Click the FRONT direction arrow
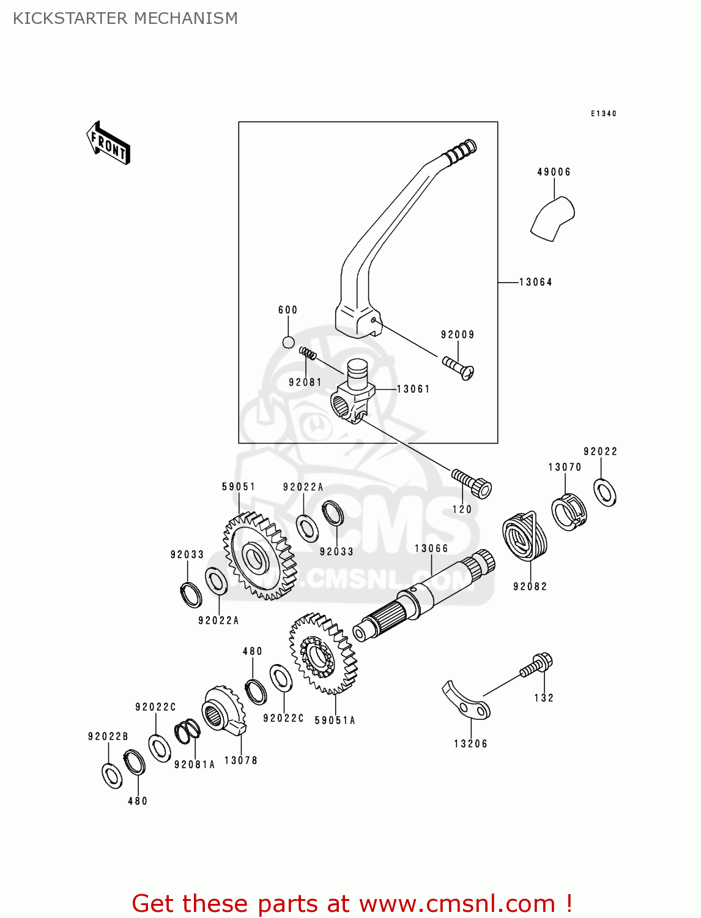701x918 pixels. point(108,143)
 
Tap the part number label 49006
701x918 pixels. point(554,172)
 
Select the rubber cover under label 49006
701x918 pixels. point(552,218)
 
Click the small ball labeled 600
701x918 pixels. point(289,342)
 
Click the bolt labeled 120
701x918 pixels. point(472,483)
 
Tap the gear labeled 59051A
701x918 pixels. point(323,654)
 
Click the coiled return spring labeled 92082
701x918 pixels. point(525,536)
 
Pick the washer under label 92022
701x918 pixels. point(605,493)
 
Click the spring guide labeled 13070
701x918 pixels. point(569,512)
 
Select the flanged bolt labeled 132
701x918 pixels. point(536,665)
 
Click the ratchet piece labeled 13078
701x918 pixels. point(224,711)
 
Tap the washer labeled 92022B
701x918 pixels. point(112,775)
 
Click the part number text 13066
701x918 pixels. point(431,548)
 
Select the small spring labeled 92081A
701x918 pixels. point(187,731)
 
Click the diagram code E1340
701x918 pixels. point(603,113)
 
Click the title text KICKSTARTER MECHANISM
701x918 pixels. point(125,18)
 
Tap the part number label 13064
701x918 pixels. point(536,282)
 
